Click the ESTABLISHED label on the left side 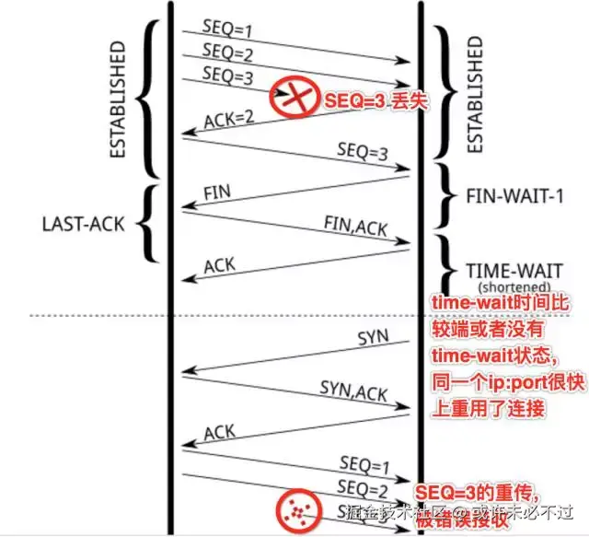click(x=117, y=99)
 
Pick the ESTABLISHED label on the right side click(x=475, y=94)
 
